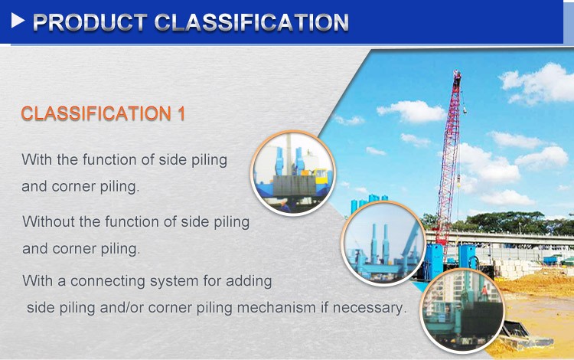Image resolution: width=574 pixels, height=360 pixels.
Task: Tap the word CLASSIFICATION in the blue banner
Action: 252,22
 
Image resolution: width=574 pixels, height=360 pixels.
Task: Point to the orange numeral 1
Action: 182,114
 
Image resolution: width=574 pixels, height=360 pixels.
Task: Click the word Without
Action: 48,222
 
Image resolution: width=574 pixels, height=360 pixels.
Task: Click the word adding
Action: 249,280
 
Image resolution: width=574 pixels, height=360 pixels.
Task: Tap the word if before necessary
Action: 334,308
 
